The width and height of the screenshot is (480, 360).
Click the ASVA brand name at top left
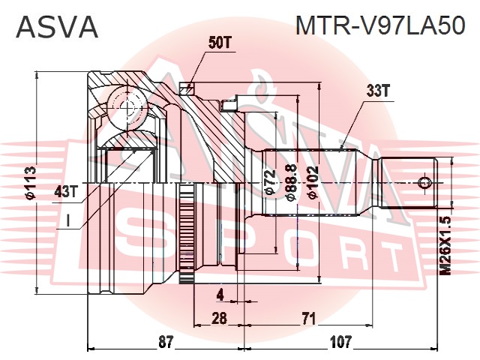(57, 27)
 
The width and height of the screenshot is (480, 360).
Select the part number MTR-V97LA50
(380, 26)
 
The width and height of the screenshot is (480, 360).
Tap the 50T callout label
(219, 43)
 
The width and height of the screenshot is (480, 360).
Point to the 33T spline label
(378, 91)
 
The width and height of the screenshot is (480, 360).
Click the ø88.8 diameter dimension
(291, 183)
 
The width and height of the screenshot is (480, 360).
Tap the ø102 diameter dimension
(312, 183)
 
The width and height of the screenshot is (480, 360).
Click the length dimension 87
(166, 341)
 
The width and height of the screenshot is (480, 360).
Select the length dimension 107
(341, 341)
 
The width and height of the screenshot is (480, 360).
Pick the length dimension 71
(308, 319)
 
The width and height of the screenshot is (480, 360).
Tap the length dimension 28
(220, 318)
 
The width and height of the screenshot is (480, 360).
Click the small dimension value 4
(220, 295)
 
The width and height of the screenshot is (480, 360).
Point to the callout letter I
(68, 221)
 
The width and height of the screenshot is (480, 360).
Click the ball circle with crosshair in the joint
(127, 106)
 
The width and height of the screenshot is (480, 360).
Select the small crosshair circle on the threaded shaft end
(425, 183)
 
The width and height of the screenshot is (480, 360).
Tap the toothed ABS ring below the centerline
(187, 232)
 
